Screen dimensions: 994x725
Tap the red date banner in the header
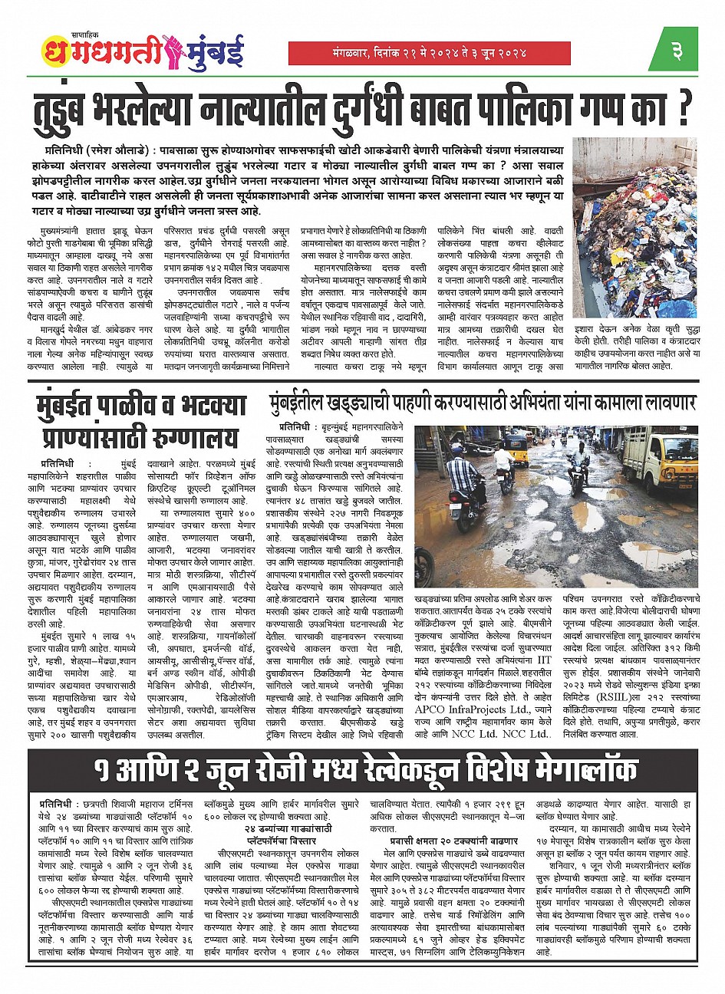[429, 53]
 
